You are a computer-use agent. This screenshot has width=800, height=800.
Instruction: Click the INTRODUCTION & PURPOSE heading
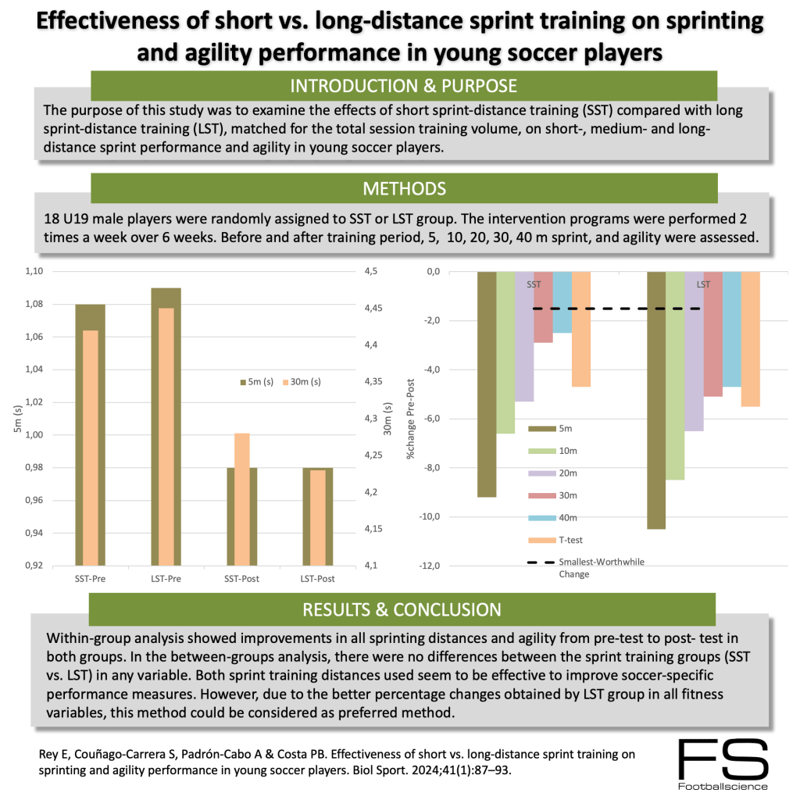coord(403,85)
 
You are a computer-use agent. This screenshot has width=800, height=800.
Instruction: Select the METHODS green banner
coord(403,188)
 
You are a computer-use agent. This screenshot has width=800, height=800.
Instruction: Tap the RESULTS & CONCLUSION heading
coord(403,609)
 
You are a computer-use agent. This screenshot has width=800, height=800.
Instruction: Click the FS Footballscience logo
coord(723,764)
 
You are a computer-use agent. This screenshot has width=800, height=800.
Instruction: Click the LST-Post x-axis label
coord(317,579)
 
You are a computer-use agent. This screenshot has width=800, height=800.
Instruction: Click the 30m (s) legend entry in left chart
coord(301,382)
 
